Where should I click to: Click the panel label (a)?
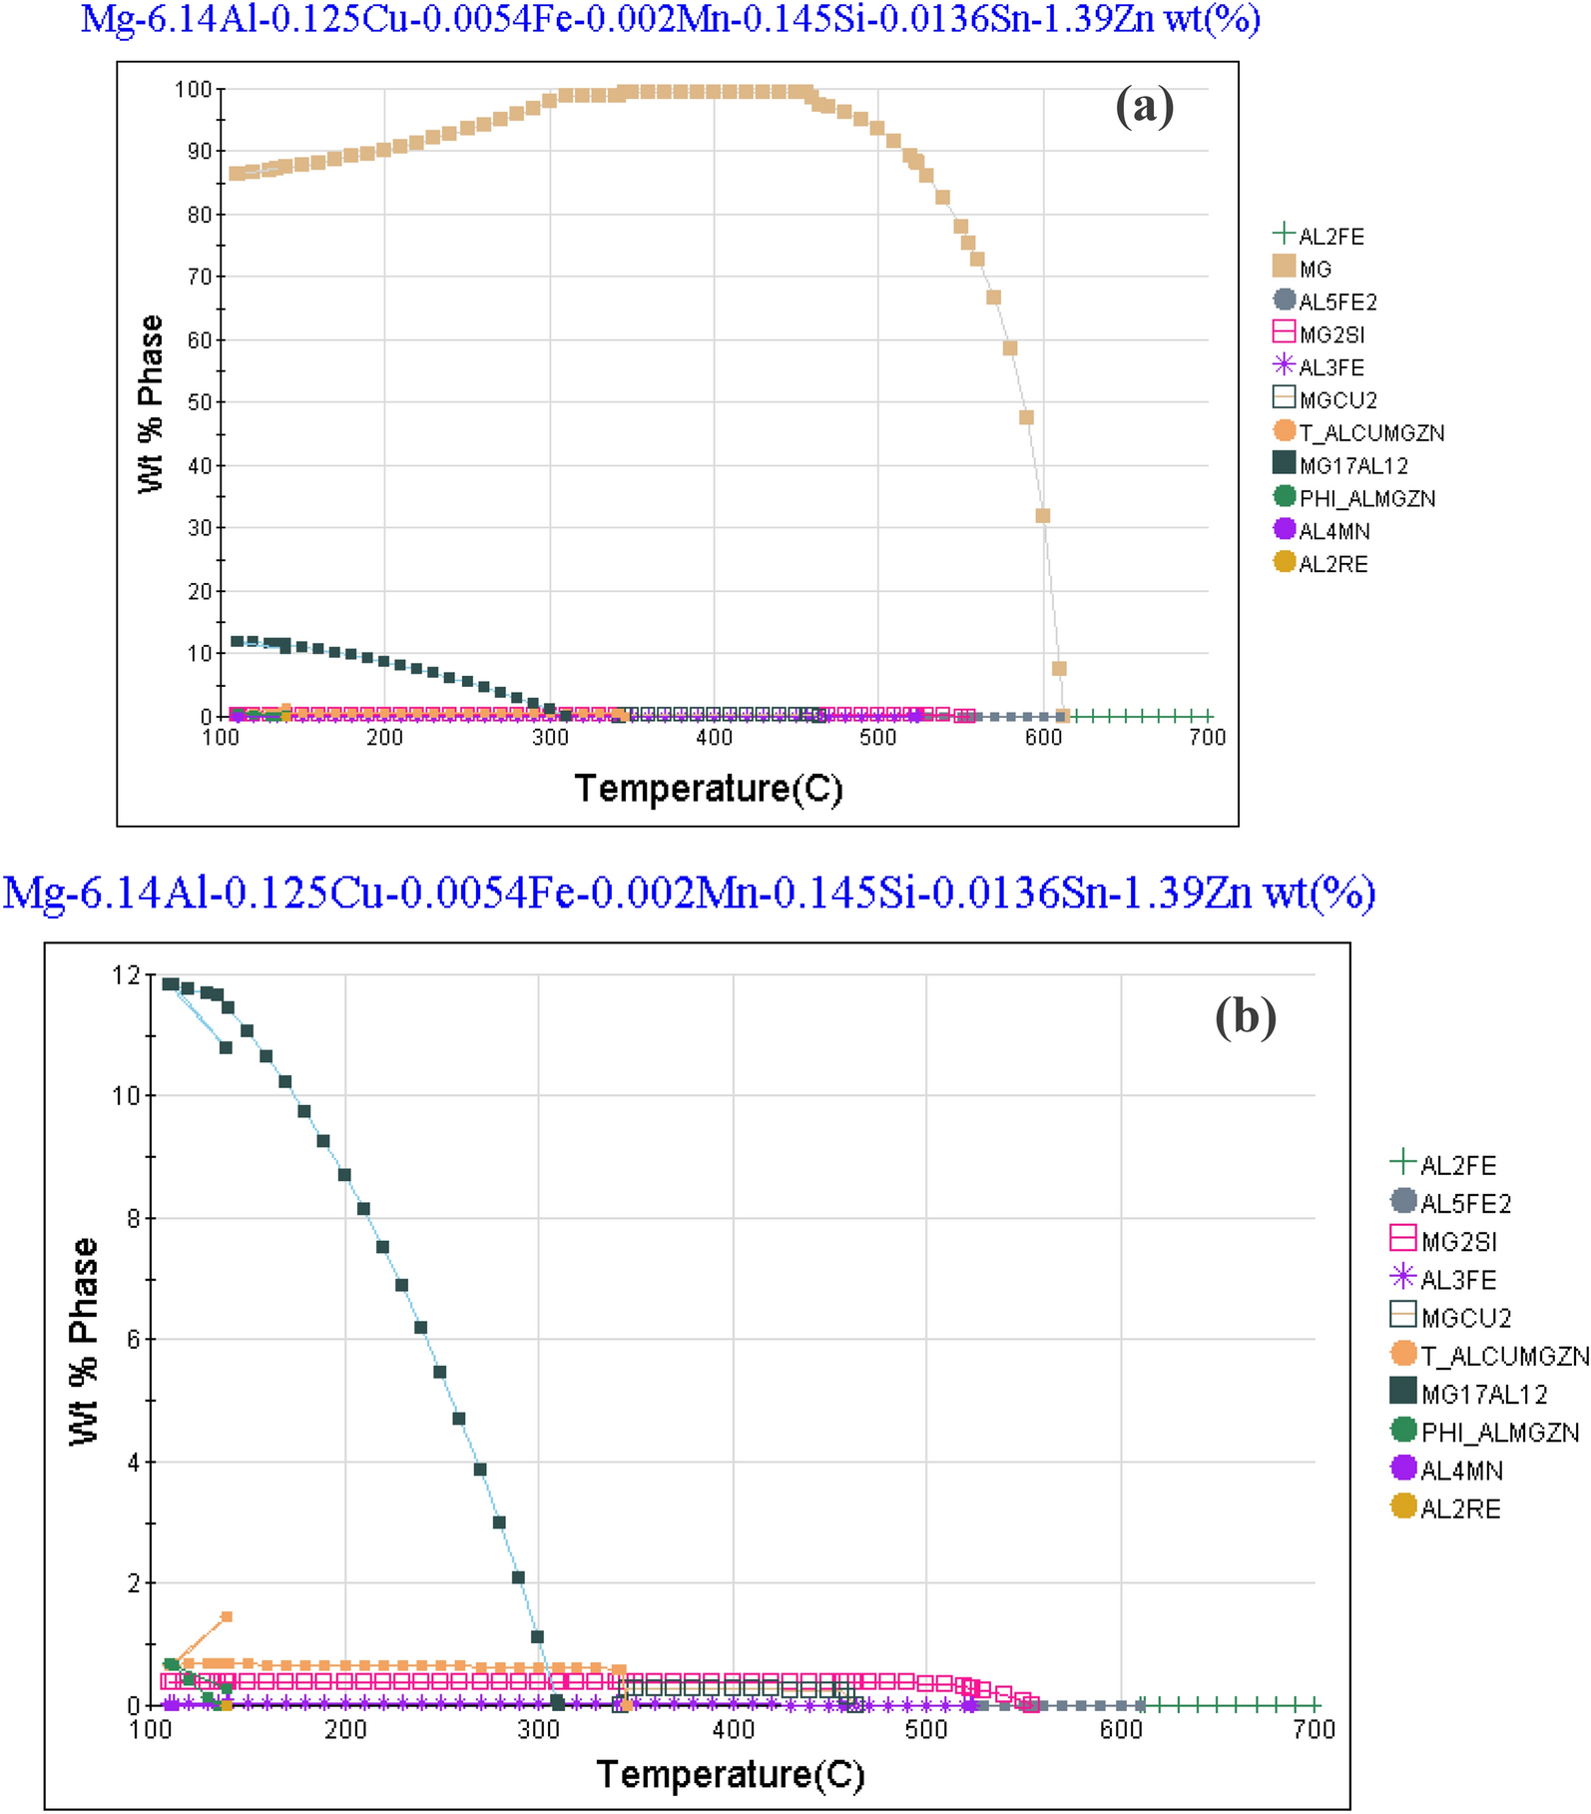[x=1144, y=106]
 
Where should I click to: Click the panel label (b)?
[x=1245, y=1017]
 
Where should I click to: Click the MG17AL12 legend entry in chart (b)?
[x=1483, y=1394]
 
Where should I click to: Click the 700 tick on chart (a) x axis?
[x=1208, y=738]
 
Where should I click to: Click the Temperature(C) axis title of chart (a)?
[x=709, y=789]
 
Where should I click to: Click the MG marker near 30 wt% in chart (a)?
[x=1043, y=516]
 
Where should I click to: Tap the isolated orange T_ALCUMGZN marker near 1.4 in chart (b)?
[x=227, y=1616]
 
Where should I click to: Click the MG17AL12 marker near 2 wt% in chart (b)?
[x=518, y=1577]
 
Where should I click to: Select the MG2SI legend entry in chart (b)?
[x=1458, y=1242]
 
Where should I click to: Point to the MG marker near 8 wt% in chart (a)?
[x=1059, y=669]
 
